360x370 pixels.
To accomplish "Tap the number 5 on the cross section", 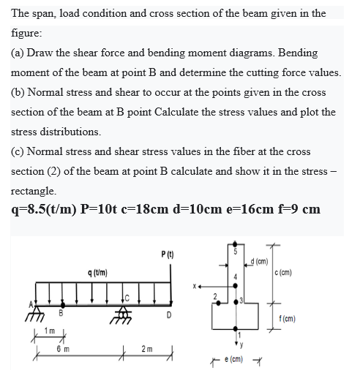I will [236, 252].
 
